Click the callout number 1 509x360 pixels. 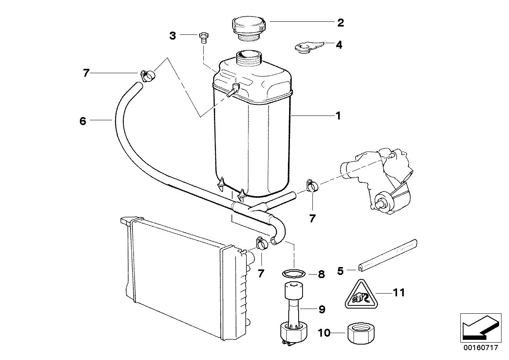click(x=338, y=116)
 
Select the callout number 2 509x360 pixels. click(x=340, y=22)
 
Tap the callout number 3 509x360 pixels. click(x=172, y=36)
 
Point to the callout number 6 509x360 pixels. click(x=83, y=121)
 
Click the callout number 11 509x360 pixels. click(x=399, y=293)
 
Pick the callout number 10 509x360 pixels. click(x=324, y=333)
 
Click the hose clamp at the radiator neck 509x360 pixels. click(x=262, y=243)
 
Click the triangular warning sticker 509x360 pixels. click(x=359, y=295)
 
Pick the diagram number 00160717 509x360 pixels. click(x=481, y=349)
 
